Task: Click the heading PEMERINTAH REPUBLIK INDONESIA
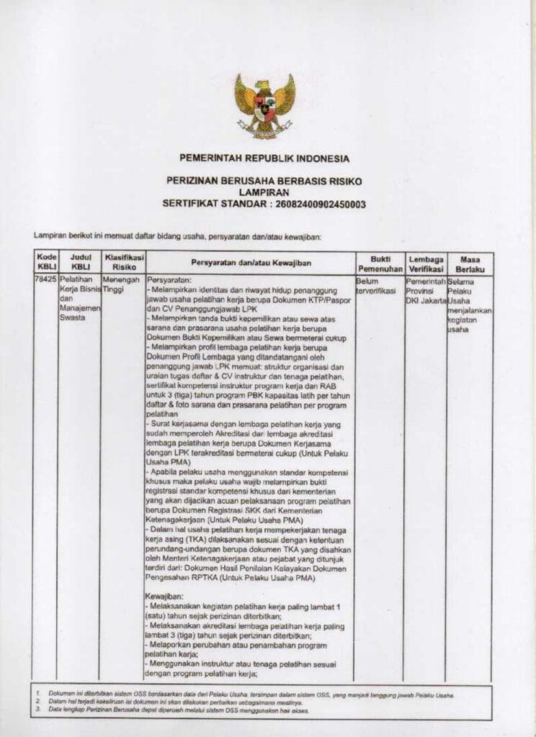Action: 264,158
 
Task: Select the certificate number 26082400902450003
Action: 318,204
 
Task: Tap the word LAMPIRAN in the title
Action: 265,193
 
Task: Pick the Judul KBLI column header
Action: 79,261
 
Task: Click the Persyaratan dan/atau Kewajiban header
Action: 250,263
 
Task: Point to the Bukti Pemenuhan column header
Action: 380,263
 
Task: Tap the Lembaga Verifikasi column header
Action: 425,263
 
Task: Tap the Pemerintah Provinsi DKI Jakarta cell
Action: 426,289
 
